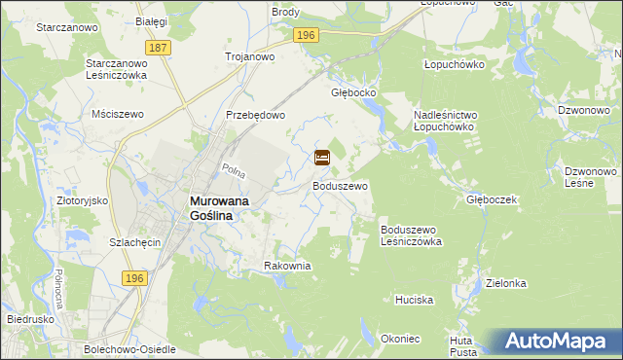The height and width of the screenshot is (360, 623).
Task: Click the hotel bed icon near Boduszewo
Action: (322, 157)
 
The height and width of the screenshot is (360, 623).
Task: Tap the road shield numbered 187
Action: (157, 47)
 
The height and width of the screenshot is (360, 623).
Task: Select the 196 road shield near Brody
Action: (306, 35)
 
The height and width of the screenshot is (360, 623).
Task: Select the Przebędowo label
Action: (255, 115)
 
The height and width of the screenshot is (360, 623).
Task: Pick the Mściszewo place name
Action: (117, 114)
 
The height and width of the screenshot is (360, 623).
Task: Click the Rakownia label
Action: (287, 265)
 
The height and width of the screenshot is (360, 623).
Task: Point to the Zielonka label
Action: (506, 283)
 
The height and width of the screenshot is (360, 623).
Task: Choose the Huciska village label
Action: (414, 301)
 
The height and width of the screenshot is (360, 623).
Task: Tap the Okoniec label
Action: (401, 339)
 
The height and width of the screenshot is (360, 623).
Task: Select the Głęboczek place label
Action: (490, 199)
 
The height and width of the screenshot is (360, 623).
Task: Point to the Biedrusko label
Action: (26, 318)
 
